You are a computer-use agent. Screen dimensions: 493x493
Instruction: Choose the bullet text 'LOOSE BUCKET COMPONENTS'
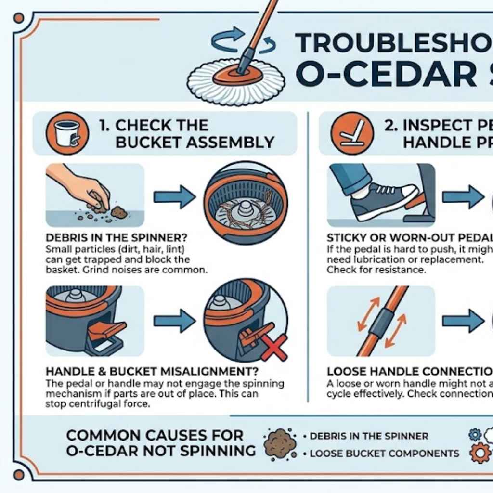click(384, 454)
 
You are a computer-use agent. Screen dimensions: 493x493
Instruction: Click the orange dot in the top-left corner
click(19, 19)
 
